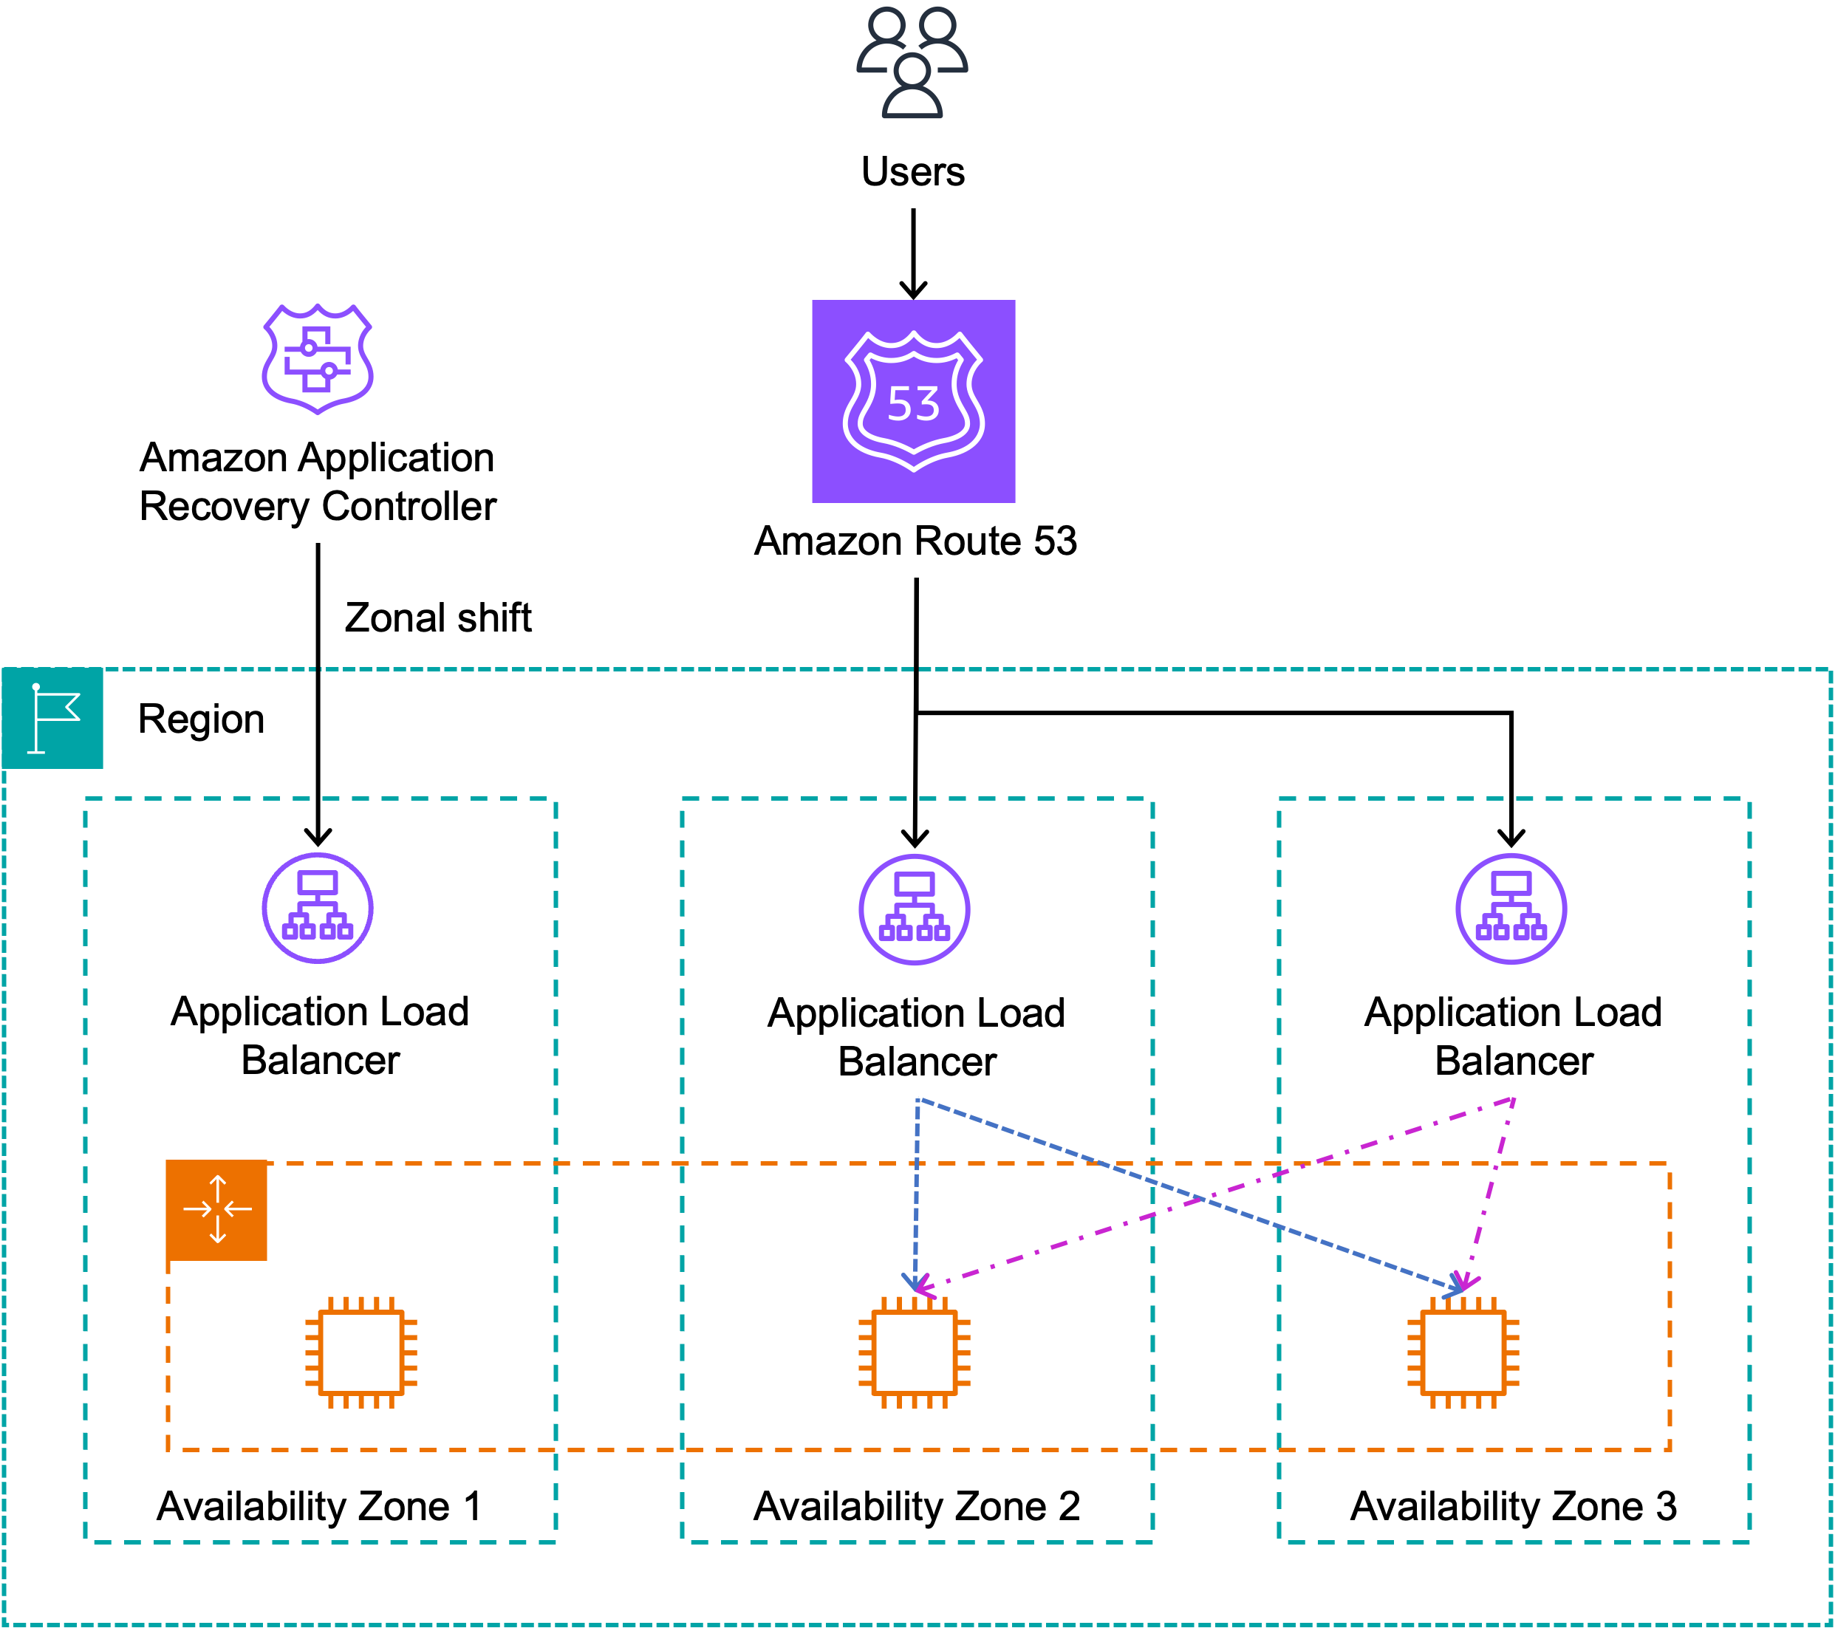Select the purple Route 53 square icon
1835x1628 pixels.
[x=913, y=401]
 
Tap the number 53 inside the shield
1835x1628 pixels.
[x=913, y=404]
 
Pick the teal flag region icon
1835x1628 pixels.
[x=52, y=718]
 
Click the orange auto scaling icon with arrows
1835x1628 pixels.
[x=216, y=1210]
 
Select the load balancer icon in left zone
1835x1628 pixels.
[x=317, y=909]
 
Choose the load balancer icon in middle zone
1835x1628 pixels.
[x=914, y=909]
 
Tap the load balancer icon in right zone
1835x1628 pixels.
[x=1511, y=909]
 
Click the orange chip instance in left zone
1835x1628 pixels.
[x=361, y=1352]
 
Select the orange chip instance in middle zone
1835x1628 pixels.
[x=914, y=1352]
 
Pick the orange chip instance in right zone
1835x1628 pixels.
[x=1463, y=1352]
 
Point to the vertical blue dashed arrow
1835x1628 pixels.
[x=917, y=1185]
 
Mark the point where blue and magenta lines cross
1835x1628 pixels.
[x=1201, y=1199]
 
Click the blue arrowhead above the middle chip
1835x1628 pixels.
[x=914, y=1282]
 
